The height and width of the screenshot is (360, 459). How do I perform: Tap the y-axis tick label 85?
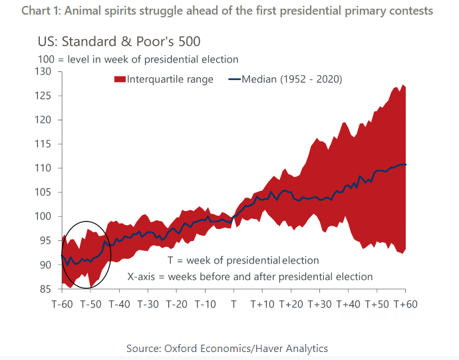click(x=46, y=289)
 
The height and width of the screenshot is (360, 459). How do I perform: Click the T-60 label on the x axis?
click(x=63, y=304)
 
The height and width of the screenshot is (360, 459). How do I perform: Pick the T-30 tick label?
click(x=148, y=304)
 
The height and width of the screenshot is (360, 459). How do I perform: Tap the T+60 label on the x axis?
click(x=405, y=304)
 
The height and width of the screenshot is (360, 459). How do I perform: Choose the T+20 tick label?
click(x=291, y=304)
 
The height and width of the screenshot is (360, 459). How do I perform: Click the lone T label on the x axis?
click(x=233, y=304)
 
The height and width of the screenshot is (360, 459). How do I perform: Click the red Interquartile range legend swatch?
click(x=120, y=79)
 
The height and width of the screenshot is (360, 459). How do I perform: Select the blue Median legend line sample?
click(x=234, y=79)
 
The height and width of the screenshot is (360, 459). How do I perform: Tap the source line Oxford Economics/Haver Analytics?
click(x=227, y=348)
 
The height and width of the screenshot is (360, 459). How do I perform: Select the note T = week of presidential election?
click(x=243, y=260)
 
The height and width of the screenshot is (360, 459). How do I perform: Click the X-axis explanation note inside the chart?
click(x=250, y=276)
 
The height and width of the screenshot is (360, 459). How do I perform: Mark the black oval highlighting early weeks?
click(x=84, y=254)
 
